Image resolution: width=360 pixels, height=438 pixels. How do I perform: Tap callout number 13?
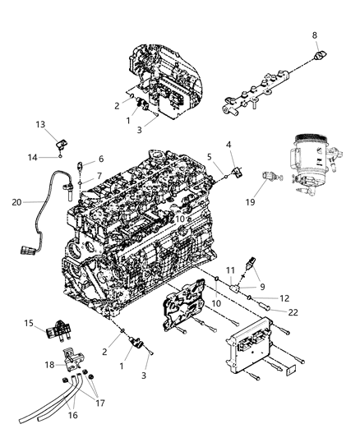click(40, 124)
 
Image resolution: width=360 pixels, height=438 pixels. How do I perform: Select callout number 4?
click(228, 145)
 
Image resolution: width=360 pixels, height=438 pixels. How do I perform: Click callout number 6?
click(100, 159)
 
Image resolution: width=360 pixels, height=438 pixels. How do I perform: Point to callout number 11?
click(231, 270)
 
